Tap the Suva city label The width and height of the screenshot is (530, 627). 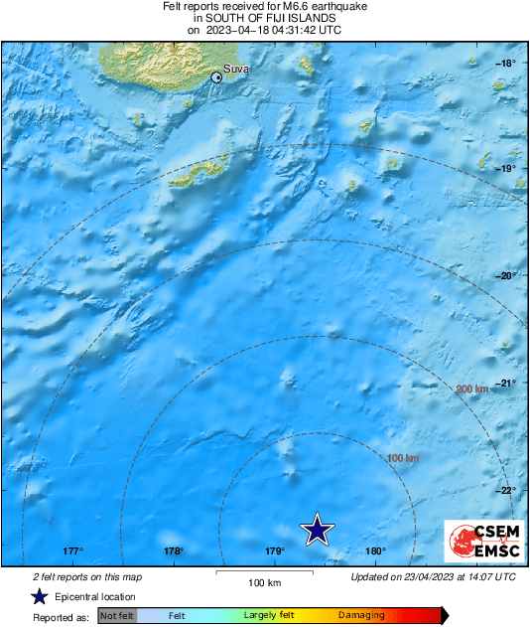pos(236,69)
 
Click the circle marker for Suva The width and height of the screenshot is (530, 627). pos(217,77)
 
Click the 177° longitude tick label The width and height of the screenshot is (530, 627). pos(71,551)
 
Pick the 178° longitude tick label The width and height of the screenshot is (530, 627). pos(174,551)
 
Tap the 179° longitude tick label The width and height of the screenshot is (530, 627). pos(275,551)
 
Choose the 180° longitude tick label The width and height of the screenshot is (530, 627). pos(376,551)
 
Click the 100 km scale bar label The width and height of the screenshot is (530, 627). pos(263,582)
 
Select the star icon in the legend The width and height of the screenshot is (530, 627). pos(39,596)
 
